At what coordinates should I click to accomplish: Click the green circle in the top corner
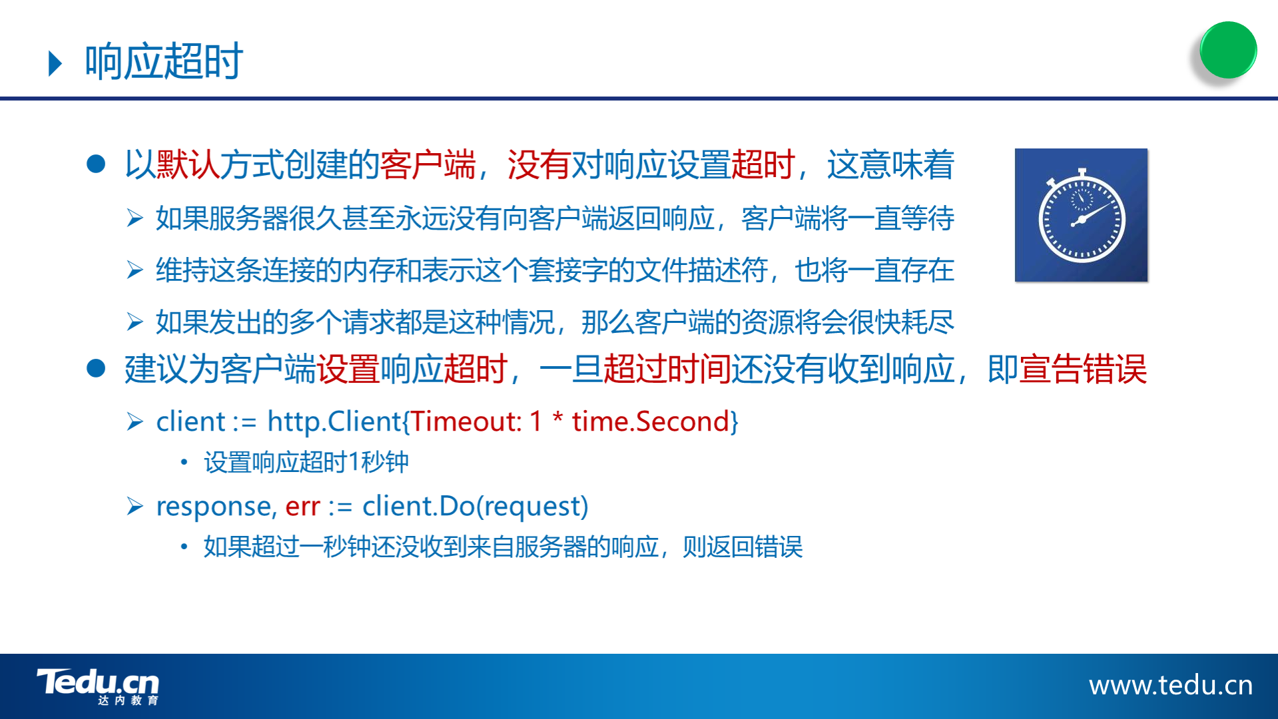point(1228,50)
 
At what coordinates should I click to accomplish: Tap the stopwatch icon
point(1081,215)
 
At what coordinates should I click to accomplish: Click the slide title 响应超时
point(164,62)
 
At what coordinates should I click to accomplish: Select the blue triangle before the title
point(55,63)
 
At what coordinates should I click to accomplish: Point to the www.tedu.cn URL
point(1171,685)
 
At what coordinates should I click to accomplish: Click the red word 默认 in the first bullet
point(188,164)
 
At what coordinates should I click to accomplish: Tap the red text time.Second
point(651,421)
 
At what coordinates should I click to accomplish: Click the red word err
point(302,507)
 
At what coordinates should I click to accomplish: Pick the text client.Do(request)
point(475,507)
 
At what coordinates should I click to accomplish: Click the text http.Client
point(334,421)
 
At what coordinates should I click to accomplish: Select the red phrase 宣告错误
point(1083,369)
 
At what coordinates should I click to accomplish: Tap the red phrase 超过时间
point(667,369)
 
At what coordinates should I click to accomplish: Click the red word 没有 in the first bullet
point(539,164)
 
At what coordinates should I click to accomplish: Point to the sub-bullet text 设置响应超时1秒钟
point(306,462)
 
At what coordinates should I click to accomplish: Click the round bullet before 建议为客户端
point(97,368)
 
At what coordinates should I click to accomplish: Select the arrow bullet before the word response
point(135,507)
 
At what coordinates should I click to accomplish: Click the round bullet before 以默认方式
point(97,164)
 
